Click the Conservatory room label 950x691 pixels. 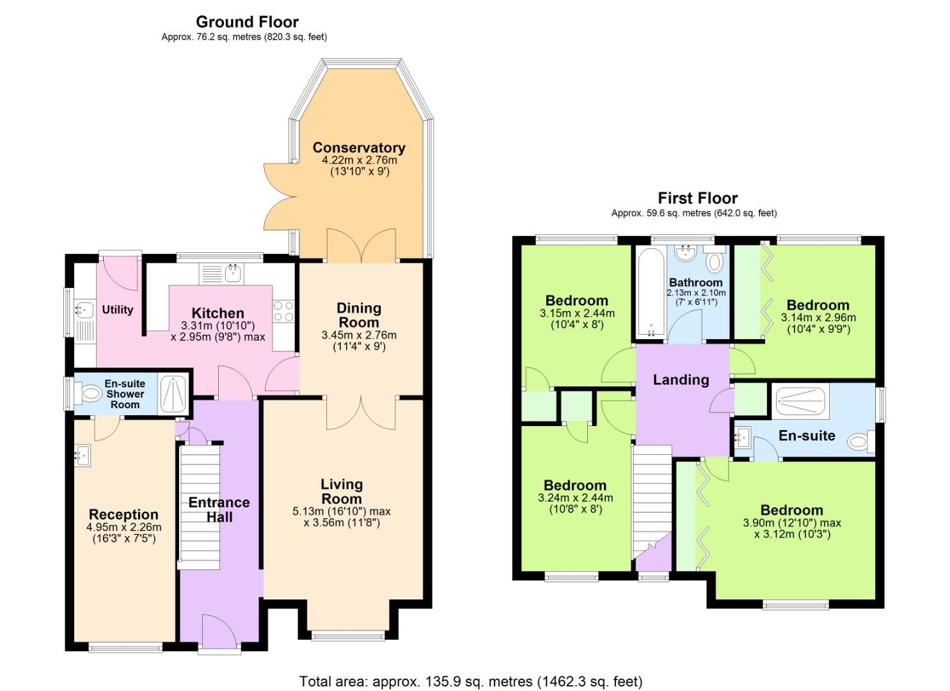(358, 148)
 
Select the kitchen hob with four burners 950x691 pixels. (283, 312)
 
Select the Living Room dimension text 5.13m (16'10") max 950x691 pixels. (341, 511)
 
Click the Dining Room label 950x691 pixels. (359, 315)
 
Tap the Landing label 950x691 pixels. (681, 380)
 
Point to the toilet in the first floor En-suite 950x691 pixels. (861, 441)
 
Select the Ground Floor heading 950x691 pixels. (247, 22)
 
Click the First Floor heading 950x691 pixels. (697, 198)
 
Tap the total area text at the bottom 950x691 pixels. (470, 681)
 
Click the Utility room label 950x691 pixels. (118, 310)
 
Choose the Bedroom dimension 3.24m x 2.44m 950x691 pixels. (575, 498)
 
